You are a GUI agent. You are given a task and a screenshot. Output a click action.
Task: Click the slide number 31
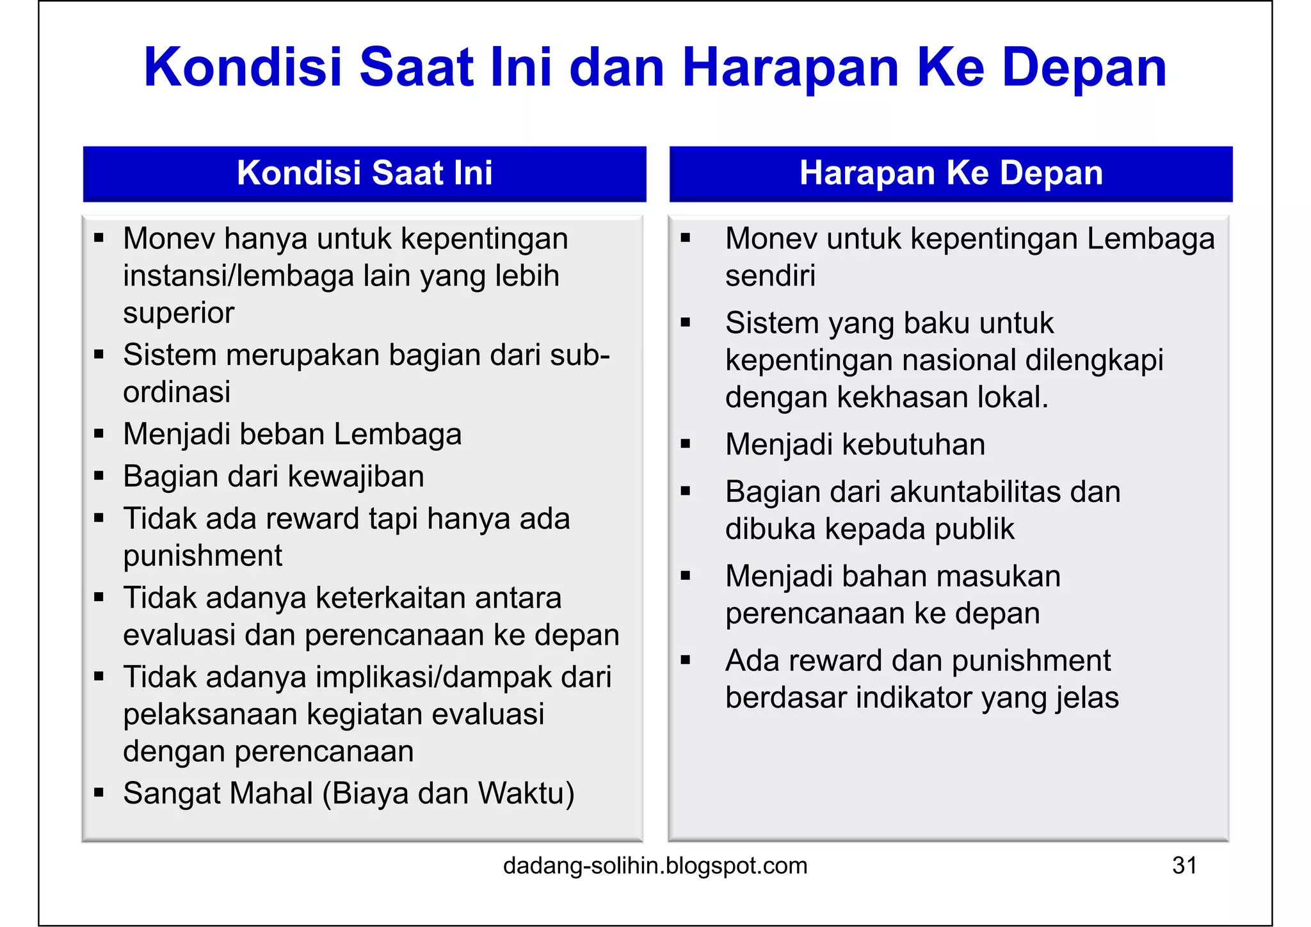point(1184,866)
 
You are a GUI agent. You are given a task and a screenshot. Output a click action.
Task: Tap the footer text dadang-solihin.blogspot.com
point(655,866)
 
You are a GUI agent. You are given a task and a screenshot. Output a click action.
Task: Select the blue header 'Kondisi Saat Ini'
point(364,173)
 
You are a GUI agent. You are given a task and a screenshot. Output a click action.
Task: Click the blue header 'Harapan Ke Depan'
point(951,173)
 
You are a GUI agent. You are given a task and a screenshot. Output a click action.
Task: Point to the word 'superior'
point(179,313)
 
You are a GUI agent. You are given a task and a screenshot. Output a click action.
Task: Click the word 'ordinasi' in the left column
point(177,392)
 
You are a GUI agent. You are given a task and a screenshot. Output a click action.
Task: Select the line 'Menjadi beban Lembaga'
point(292,434)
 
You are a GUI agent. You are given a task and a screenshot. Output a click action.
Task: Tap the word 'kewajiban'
point(356,477)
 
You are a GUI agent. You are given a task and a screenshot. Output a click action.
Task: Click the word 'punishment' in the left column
point(202,556)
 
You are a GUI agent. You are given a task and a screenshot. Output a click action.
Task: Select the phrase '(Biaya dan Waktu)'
point(448,793)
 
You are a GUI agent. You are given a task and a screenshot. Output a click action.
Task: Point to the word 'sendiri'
point(770,276)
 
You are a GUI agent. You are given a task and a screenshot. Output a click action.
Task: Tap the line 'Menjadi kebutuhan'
point(855,444)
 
